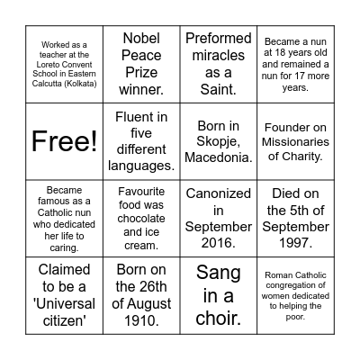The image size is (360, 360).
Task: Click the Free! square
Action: (64, 140)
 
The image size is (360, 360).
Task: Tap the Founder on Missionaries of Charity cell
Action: (295, 140)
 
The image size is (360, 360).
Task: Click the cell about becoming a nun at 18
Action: (295, 63)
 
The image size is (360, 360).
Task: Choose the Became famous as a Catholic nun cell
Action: (64, 218)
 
